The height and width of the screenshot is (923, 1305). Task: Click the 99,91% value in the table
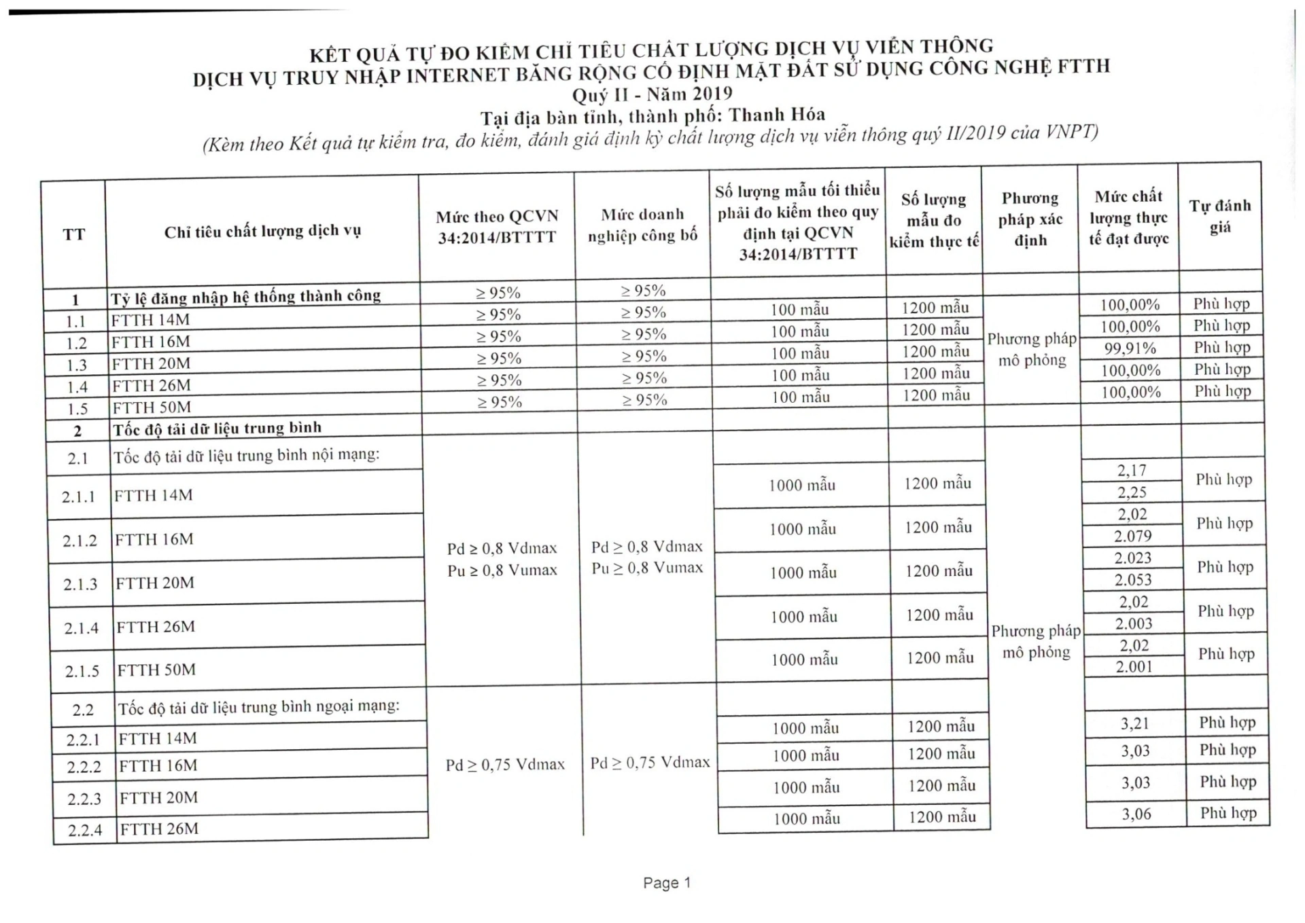pos(1130,348)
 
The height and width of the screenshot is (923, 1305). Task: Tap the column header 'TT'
pos(73,234)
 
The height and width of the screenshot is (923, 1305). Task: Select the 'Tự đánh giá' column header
pos(1220,216)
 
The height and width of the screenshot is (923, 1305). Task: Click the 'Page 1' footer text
pos(666,882)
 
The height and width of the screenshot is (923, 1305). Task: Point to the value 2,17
pos(1132,470)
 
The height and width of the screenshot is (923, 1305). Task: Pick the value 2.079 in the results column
pos(1132,536)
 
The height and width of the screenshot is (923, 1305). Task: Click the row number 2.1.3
pos(80,584)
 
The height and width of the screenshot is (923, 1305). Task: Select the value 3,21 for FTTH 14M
pos(1134,723)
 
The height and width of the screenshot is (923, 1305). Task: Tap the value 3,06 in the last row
pos(1136,814)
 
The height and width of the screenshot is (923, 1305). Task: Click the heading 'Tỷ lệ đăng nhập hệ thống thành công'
pos(245,296)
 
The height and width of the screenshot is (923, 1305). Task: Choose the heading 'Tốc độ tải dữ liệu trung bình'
pos(217,429)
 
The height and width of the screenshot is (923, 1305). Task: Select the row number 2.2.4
pos(84,830)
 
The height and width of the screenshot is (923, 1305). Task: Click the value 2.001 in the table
pos(1134,667)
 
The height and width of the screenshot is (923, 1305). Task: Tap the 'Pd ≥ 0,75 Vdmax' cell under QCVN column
pos(505,765)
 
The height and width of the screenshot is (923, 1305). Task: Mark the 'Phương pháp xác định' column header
pos(1030,219)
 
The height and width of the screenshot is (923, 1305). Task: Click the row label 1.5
pos(77,409)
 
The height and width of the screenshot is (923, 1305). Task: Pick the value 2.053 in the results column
pos(1133,580)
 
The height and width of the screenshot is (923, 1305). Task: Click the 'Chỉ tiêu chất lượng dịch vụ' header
pos(262,232)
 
